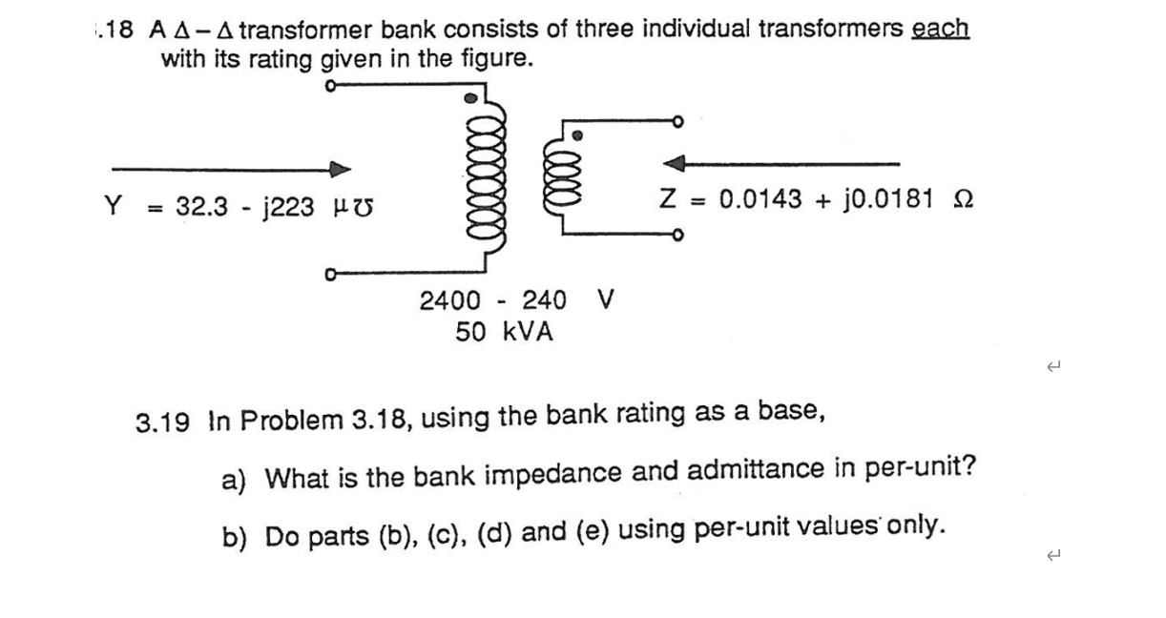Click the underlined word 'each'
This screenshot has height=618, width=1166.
941,29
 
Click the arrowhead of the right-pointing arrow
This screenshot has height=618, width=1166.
341,169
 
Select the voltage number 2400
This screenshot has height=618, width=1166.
450,301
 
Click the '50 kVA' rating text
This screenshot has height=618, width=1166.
503,332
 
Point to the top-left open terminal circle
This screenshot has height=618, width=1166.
330,86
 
